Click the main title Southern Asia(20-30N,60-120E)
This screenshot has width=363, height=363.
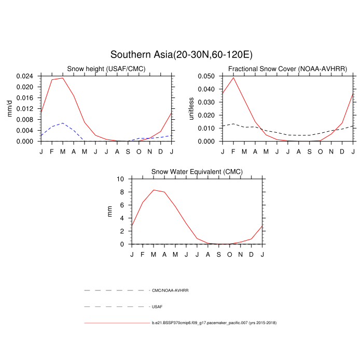pyautogui.click(x=181, y=54)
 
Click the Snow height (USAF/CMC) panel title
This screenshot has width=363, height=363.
pyautogui.click(x=106, y=69)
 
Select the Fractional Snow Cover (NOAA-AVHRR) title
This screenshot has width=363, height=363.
pyautogui.click(x=288, y=69)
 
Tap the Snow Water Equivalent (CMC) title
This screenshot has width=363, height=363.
pyautogui.click(x=197, y=172)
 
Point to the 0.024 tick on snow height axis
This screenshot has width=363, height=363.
pyautogui.click(x=25, y=76)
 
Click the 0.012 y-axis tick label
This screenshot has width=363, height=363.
pyautogui.click(x=25, y=109)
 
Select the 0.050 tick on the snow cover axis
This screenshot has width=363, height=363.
pyautogui.click(x=206, y=76)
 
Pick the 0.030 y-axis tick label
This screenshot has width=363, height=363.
pyautogui.click(x=206, y=102)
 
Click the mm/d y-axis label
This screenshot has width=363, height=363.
pyautogui.click(x=10, y=108)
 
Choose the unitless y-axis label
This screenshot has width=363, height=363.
pyautogui.click(x=191, y=108)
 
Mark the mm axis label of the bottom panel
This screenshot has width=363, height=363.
pyautogui.click(x=109, y=211)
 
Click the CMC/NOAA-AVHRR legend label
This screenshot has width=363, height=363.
pyautogui.click(x=170, y=290)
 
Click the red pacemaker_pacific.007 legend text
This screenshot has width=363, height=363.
pyautogui.click(x=214, y=323)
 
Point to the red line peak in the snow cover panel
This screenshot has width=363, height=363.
pyautogui.click(x=233, y=77)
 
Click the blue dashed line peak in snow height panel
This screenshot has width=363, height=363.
pyautogui.click(x=63, y=123)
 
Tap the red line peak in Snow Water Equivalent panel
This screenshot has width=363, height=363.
pyautogui.click(x=153, y=190)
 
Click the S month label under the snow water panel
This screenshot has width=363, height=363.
pyautogui.click(x=219, y=254)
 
